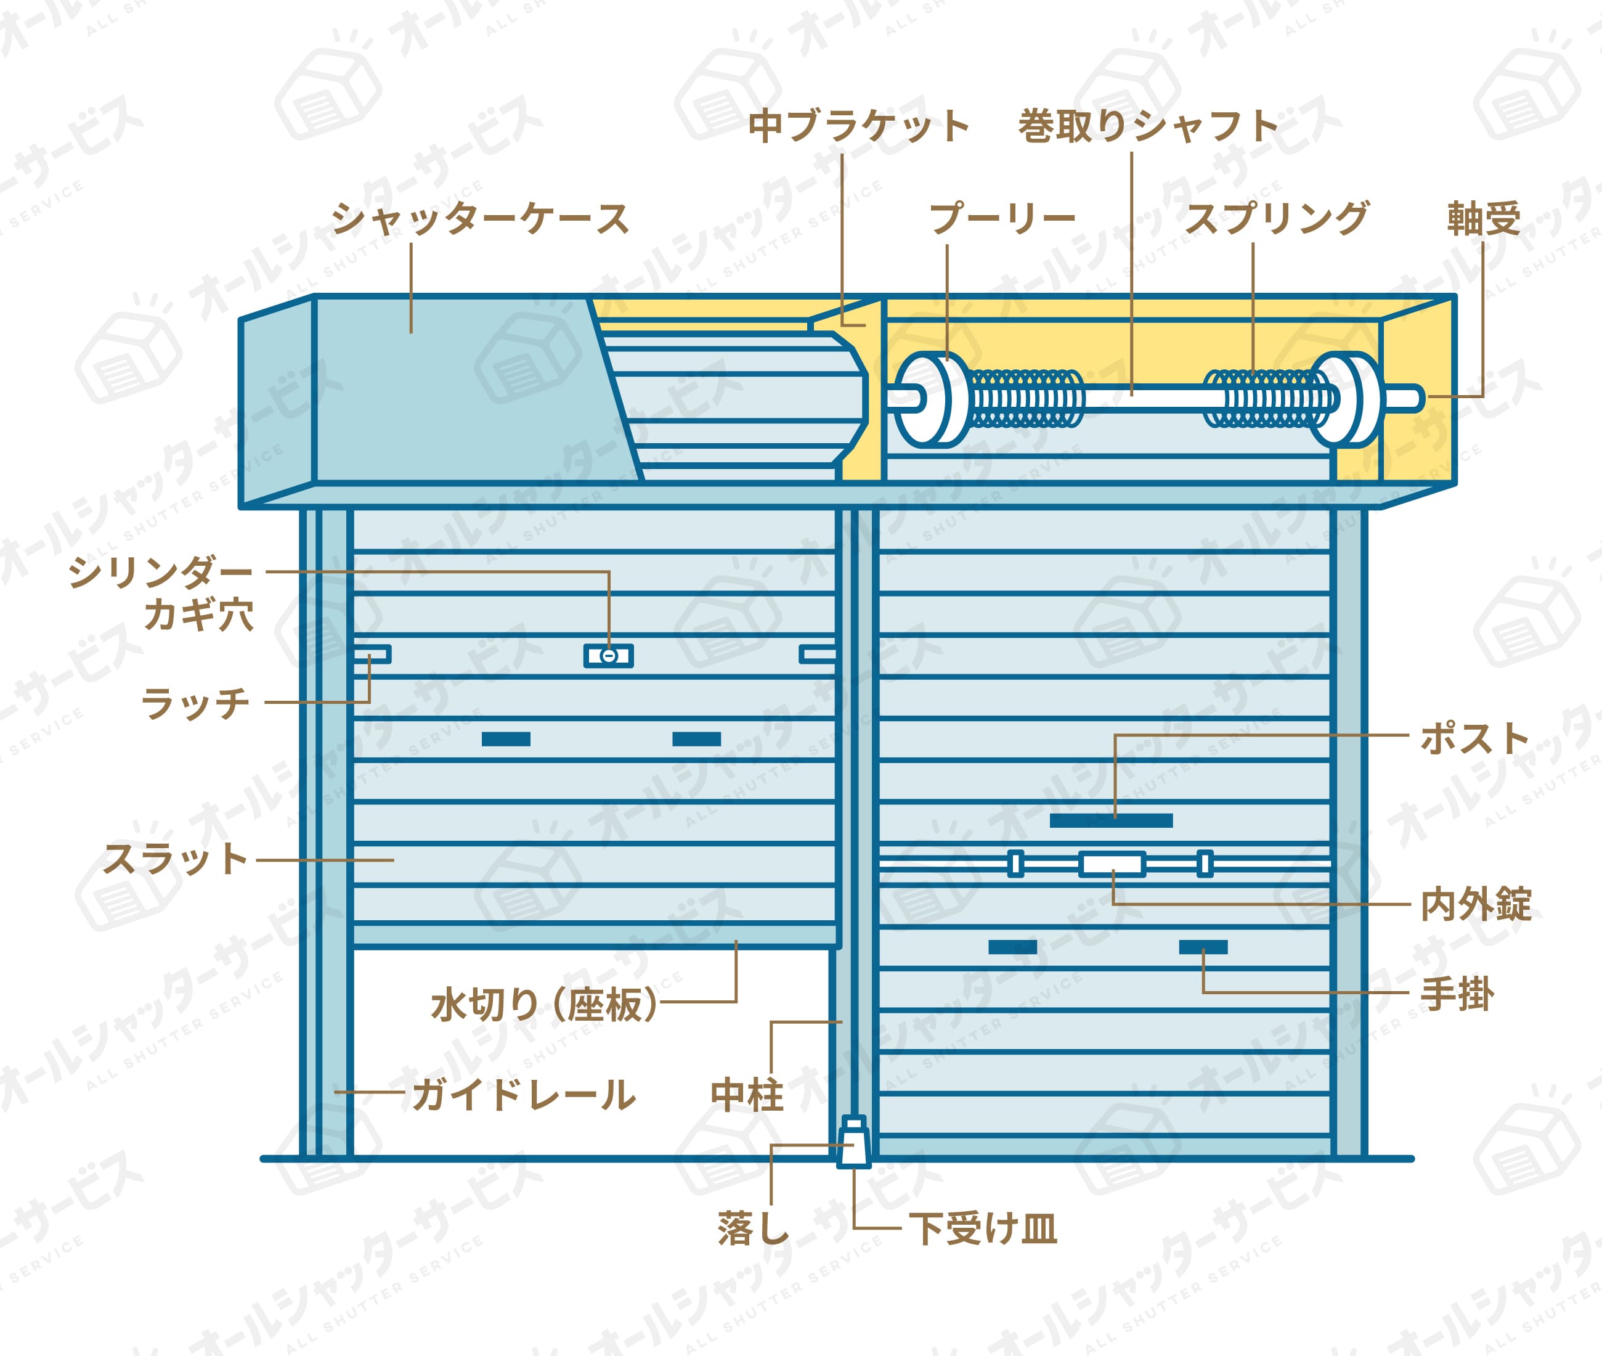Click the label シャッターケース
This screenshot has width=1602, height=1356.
480,218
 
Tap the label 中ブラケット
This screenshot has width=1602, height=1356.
858,126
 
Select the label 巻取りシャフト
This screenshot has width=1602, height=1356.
1148,126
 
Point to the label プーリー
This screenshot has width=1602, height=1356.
1002,219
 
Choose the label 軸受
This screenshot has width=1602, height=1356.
1484,219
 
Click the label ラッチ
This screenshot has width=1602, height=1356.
196,703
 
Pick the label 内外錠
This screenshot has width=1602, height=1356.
1476,904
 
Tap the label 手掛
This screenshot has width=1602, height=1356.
1457,994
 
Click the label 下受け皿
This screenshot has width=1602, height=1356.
983,1228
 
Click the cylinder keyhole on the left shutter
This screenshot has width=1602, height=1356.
609,656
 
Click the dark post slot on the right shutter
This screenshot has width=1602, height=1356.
1111,820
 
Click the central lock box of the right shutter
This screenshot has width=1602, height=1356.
1112,864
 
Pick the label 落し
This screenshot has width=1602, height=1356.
753,1228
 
